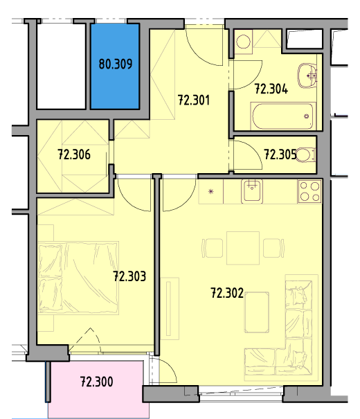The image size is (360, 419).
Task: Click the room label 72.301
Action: pos(194,100)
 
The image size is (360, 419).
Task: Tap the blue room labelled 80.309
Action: pos(115,66)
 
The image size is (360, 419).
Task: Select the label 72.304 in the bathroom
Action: pos(271,89)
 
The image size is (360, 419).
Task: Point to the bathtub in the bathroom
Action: pos(282,116)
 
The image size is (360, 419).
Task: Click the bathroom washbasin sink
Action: pos(307,75)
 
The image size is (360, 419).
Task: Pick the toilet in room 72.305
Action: pos(305,154)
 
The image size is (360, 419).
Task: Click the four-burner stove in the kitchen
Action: pos(309,191)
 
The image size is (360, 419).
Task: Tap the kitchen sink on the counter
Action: pos(252,190)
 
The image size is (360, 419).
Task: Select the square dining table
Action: pos(243,248)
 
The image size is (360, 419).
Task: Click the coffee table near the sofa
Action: pos(257,312)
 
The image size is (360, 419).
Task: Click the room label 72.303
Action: pos(129,276)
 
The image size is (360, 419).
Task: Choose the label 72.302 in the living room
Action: pos(227,293)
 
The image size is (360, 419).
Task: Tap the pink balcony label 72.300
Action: pos(96,382)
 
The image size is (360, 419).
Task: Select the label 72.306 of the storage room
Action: pos(74,154)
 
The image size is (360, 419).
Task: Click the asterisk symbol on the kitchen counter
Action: pos(211,191)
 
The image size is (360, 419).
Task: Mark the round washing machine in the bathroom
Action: pos(243,42)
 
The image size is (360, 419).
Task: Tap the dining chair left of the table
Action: pos(213,248)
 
